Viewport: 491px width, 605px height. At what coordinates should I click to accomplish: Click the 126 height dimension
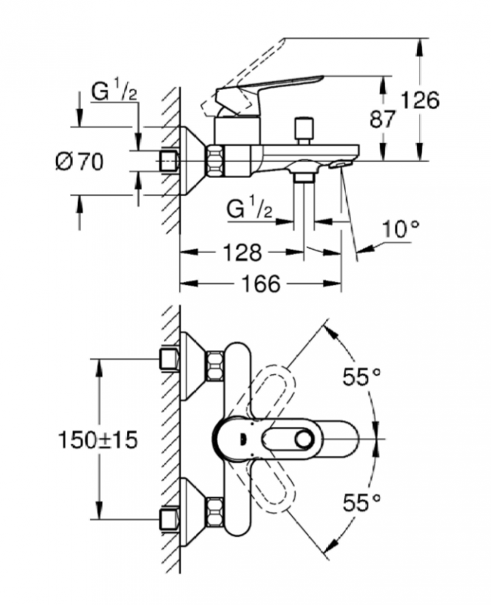(420, 99)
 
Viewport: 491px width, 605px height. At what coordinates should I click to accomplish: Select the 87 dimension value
(383, 119)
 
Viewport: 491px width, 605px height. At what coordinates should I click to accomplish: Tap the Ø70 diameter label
(79, 161)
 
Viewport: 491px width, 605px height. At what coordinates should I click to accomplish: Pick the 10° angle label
(401, 228)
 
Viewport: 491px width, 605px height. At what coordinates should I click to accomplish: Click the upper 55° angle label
(361, 377)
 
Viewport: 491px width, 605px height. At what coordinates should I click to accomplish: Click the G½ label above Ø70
(113, 92)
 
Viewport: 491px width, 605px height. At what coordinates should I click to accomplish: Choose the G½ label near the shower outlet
(249, 207)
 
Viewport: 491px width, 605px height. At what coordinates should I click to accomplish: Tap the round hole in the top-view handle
(306, 439)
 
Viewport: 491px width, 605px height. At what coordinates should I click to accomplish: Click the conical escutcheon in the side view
(194, 160)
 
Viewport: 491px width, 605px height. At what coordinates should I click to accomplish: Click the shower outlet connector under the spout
(304, 177)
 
